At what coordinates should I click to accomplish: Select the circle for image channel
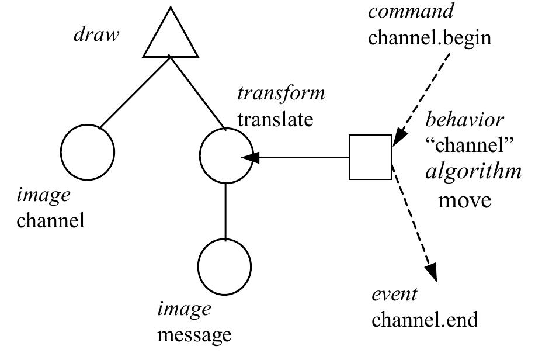(88, 152)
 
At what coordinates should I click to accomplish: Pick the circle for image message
(225, 266)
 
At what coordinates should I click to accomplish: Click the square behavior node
(370, 157)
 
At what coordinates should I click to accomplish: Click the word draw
(96, 34)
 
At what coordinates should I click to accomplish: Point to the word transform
(280, 94)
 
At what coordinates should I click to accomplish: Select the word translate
(275, 119)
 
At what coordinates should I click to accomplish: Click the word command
(410, 11)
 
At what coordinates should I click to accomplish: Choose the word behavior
(464, 120)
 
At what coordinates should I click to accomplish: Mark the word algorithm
(473, 172)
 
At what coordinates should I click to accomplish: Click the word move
(464, 200)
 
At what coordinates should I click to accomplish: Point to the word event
(394, 294)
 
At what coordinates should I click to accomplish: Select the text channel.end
(425, 320)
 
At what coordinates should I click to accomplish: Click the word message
(194, 335)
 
